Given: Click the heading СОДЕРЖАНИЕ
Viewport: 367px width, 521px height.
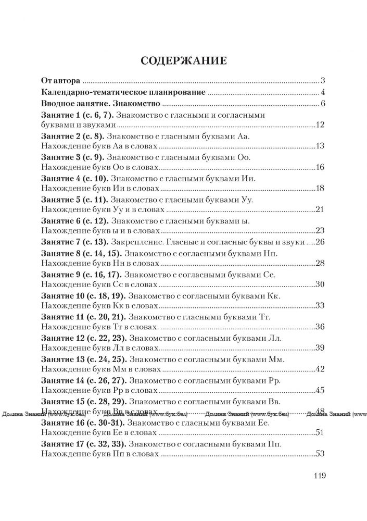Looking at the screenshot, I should pyautogui.click(x=183, y=61).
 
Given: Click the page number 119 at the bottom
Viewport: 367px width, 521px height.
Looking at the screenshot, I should pyautogui.click(x=319, y=475).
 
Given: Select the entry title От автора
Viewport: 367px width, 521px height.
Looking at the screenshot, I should pyautogui.click(x=60, y=81).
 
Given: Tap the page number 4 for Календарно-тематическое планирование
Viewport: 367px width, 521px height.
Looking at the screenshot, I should pyautogui.click(x=323, y=93).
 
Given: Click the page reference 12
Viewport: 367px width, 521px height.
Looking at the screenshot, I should pyautogui.click(x=320, y=126).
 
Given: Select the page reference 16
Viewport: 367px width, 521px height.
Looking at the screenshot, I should pyautogui.click(x=320, y=167).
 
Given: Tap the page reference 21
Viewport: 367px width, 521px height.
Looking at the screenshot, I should pyautogui.click(x=320, y=209).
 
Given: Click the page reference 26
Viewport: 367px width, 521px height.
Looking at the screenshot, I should pyautogui.click(x=320, y=242).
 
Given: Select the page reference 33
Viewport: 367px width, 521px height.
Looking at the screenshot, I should pyautogui.click(x=320, y=305).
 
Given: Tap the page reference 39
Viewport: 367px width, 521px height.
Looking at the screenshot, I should pyautogui.click(x=320, y=348).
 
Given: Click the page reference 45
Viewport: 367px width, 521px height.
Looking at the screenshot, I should pyautogui.click(x=320, y=390).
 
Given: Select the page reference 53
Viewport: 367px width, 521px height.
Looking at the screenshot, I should pyautogui.click(x=320, y=454).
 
